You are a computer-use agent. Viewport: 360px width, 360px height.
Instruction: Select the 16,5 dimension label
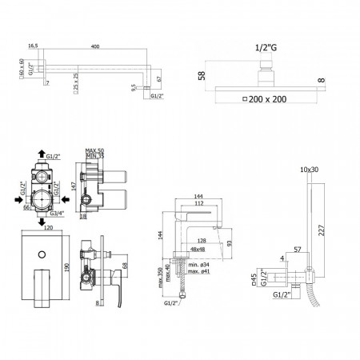point(33,47)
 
